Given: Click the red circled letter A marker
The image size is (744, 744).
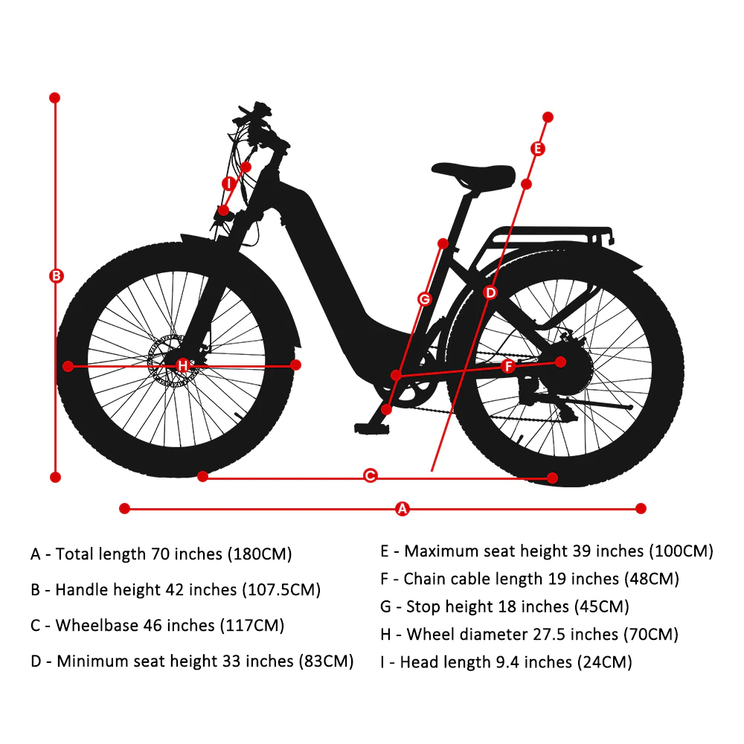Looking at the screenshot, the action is click(x=403, y=509).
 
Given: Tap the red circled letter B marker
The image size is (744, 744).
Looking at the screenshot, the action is click(x=56, y=276).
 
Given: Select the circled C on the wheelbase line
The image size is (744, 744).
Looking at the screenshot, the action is click(x=370, y=475).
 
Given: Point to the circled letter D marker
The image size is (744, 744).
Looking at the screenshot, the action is click(x=490, y=292).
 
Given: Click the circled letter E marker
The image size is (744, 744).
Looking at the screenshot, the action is click(x=537, y=149).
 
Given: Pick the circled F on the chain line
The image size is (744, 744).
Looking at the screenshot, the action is click(x=508, y=366).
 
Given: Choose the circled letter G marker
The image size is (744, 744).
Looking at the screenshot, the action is click(x=424, y=299).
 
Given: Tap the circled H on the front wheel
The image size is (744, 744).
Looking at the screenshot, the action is click(x=183, y=365).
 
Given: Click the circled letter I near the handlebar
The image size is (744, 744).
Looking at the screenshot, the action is click(x=229, y=184).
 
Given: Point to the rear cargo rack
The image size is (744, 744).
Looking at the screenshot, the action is click(x=545, y=237).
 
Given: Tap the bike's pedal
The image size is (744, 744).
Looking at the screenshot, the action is click(x=372, y=429).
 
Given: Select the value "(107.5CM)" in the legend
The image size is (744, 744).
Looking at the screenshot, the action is click(x=281, y=590).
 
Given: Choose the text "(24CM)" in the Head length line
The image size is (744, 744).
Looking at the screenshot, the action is click(x=604, y=662).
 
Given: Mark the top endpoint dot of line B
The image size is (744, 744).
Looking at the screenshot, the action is click(x=54, y=97).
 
